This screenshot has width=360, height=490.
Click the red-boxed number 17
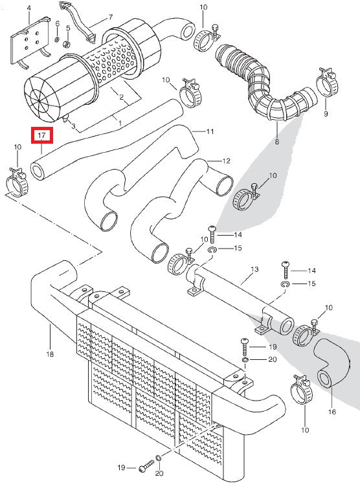click(41, 135)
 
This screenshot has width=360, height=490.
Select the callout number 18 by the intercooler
click(50, 355)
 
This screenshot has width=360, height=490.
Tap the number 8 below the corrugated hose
click(277, 141)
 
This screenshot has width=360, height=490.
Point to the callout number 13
click(254, 269)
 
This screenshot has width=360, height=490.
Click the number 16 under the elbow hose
click(332, 412)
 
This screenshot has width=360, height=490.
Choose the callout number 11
click(210, 131)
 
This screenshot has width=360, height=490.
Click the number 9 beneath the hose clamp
click(325, 113)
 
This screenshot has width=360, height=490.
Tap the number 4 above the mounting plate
click(28, 8)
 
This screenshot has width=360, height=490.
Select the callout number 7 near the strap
click(110, 17)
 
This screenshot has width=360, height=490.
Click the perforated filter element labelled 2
click(113, 68)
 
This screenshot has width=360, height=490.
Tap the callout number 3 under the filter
click(73, 126)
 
